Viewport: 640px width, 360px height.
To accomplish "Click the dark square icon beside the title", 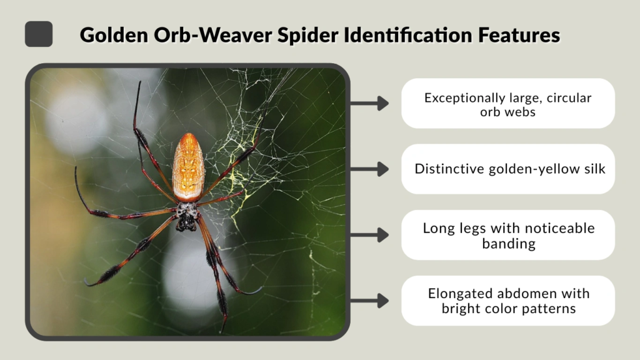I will [39, 34].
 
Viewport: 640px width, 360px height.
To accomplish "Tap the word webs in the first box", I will [522, 112].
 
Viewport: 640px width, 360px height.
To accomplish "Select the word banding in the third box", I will [507, 243].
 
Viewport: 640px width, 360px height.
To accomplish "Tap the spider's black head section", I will [186, 216].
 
